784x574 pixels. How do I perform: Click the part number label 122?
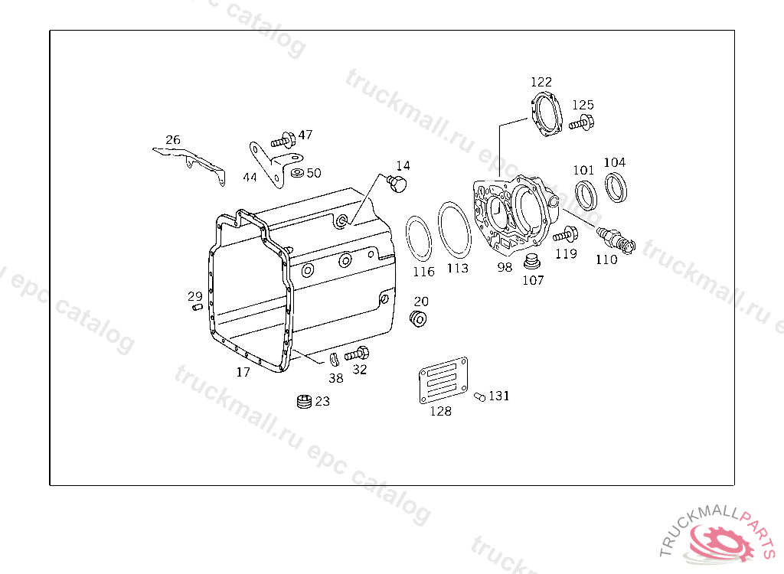click(541, 81)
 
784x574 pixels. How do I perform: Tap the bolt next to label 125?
click(582, 122)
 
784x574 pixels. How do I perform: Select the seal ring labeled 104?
click(616, 187)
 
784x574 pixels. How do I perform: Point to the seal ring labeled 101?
click(586, 195)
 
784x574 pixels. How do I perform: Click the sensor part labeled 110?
click(616, 240)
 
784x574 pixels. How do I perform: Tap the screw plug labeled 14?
click(397, 184)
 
